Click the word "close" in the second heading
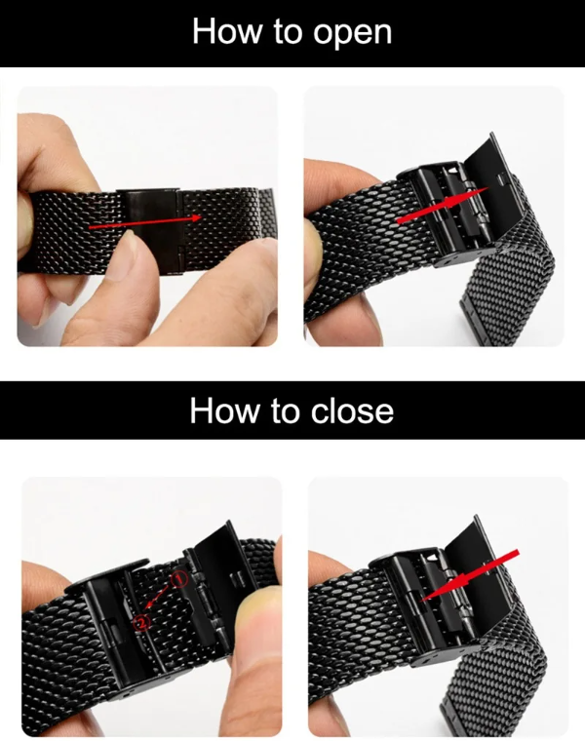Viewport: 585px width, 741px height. [347, 410]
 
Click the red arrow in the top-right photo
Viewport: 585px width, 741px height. [439, 206]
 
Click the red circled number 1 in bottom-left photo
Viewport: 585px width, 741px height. [178, 578]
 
